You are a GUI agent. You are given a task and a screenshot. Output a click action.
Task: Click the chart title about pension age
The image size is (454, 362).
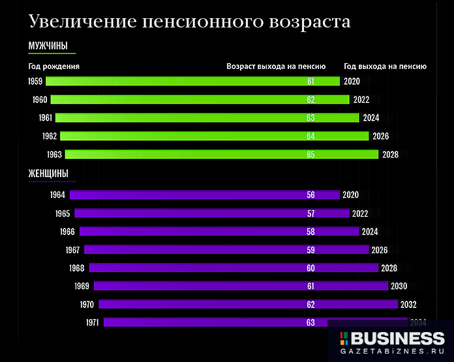189,21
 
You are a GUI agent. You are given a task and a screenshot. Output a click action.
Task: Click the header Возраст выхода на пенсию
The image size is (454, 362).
276,66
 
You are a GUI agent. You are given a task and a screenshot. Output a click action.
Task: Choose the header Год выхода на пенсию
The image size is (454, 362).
385,66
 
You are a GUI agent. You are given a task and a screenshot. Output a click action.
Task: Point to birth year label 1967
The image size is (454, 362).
72,249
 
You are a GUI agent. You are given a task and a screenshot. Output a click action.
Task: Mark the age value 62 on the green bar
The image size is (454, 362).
310,100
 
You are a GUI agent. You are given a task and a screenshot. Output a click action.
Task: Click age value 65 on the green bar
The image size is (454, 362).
310,154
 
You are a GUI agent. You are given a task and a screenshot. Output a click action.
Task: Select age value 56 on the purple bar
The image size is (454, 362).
310,195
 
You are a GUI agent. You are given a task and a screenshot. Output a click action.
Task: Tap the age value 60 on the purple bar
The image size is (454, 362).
310,268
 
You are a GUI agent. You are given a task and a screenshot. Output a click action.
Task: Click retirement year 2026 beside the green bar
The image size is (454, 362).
380,136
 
